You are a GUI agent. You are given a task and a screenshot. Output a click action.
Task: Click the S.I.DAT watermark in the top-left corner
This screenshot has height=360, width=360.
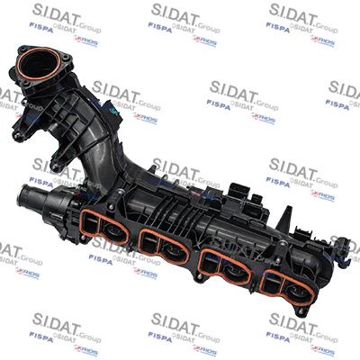click(58, 11)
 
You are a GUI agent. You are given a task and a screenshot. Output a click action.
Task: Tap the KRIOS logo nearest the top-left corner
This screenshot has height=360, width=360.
click(86, 41)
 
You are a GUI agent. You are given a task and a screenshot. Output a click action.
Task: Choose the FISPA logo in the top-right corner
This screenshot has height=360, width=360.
click(279, 27)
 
